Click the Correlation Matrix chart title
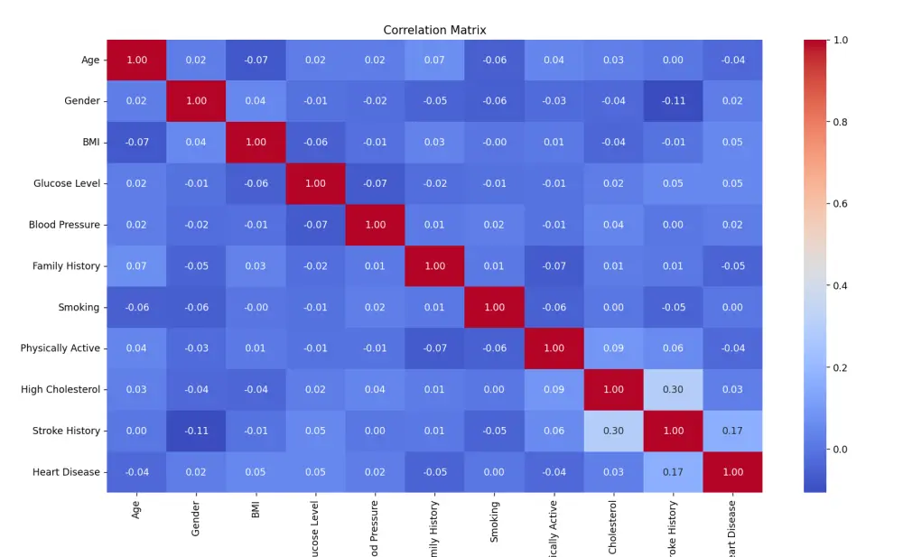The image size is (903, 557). point(434,30)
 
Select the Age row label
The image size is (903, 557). point(90,60)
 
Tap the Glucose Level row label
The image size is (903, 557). point(67,183)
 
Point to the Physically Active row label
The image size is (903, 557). point(61,348)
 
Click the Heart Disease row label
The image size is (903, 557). point(66,472)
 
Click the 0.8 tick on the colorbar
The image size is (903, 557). point(840,122)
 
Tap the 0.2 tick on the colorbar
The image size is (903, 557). point(840,367)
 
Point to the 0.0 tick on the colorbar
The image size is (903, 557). point(840,450)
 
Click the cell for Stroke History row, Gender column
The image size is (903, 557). point(196,431)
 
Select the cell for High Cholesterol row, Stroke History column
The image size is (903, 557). point(673,389)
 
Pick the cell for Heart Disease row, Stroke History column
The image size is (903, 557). point(673,472)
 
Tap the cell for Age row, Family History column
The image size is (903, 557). point(434,60)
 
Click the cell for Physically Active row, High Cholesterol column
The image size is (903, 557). point(613,348)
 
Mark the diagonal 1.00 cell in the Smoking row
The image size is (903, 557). point(494,307)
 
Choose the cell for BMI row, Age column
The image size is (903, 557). point(136,143)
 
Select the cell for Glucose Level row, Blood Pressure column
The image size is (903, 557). point(375,183)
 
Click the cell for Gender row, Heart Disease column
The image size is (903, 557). point(732,101)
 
